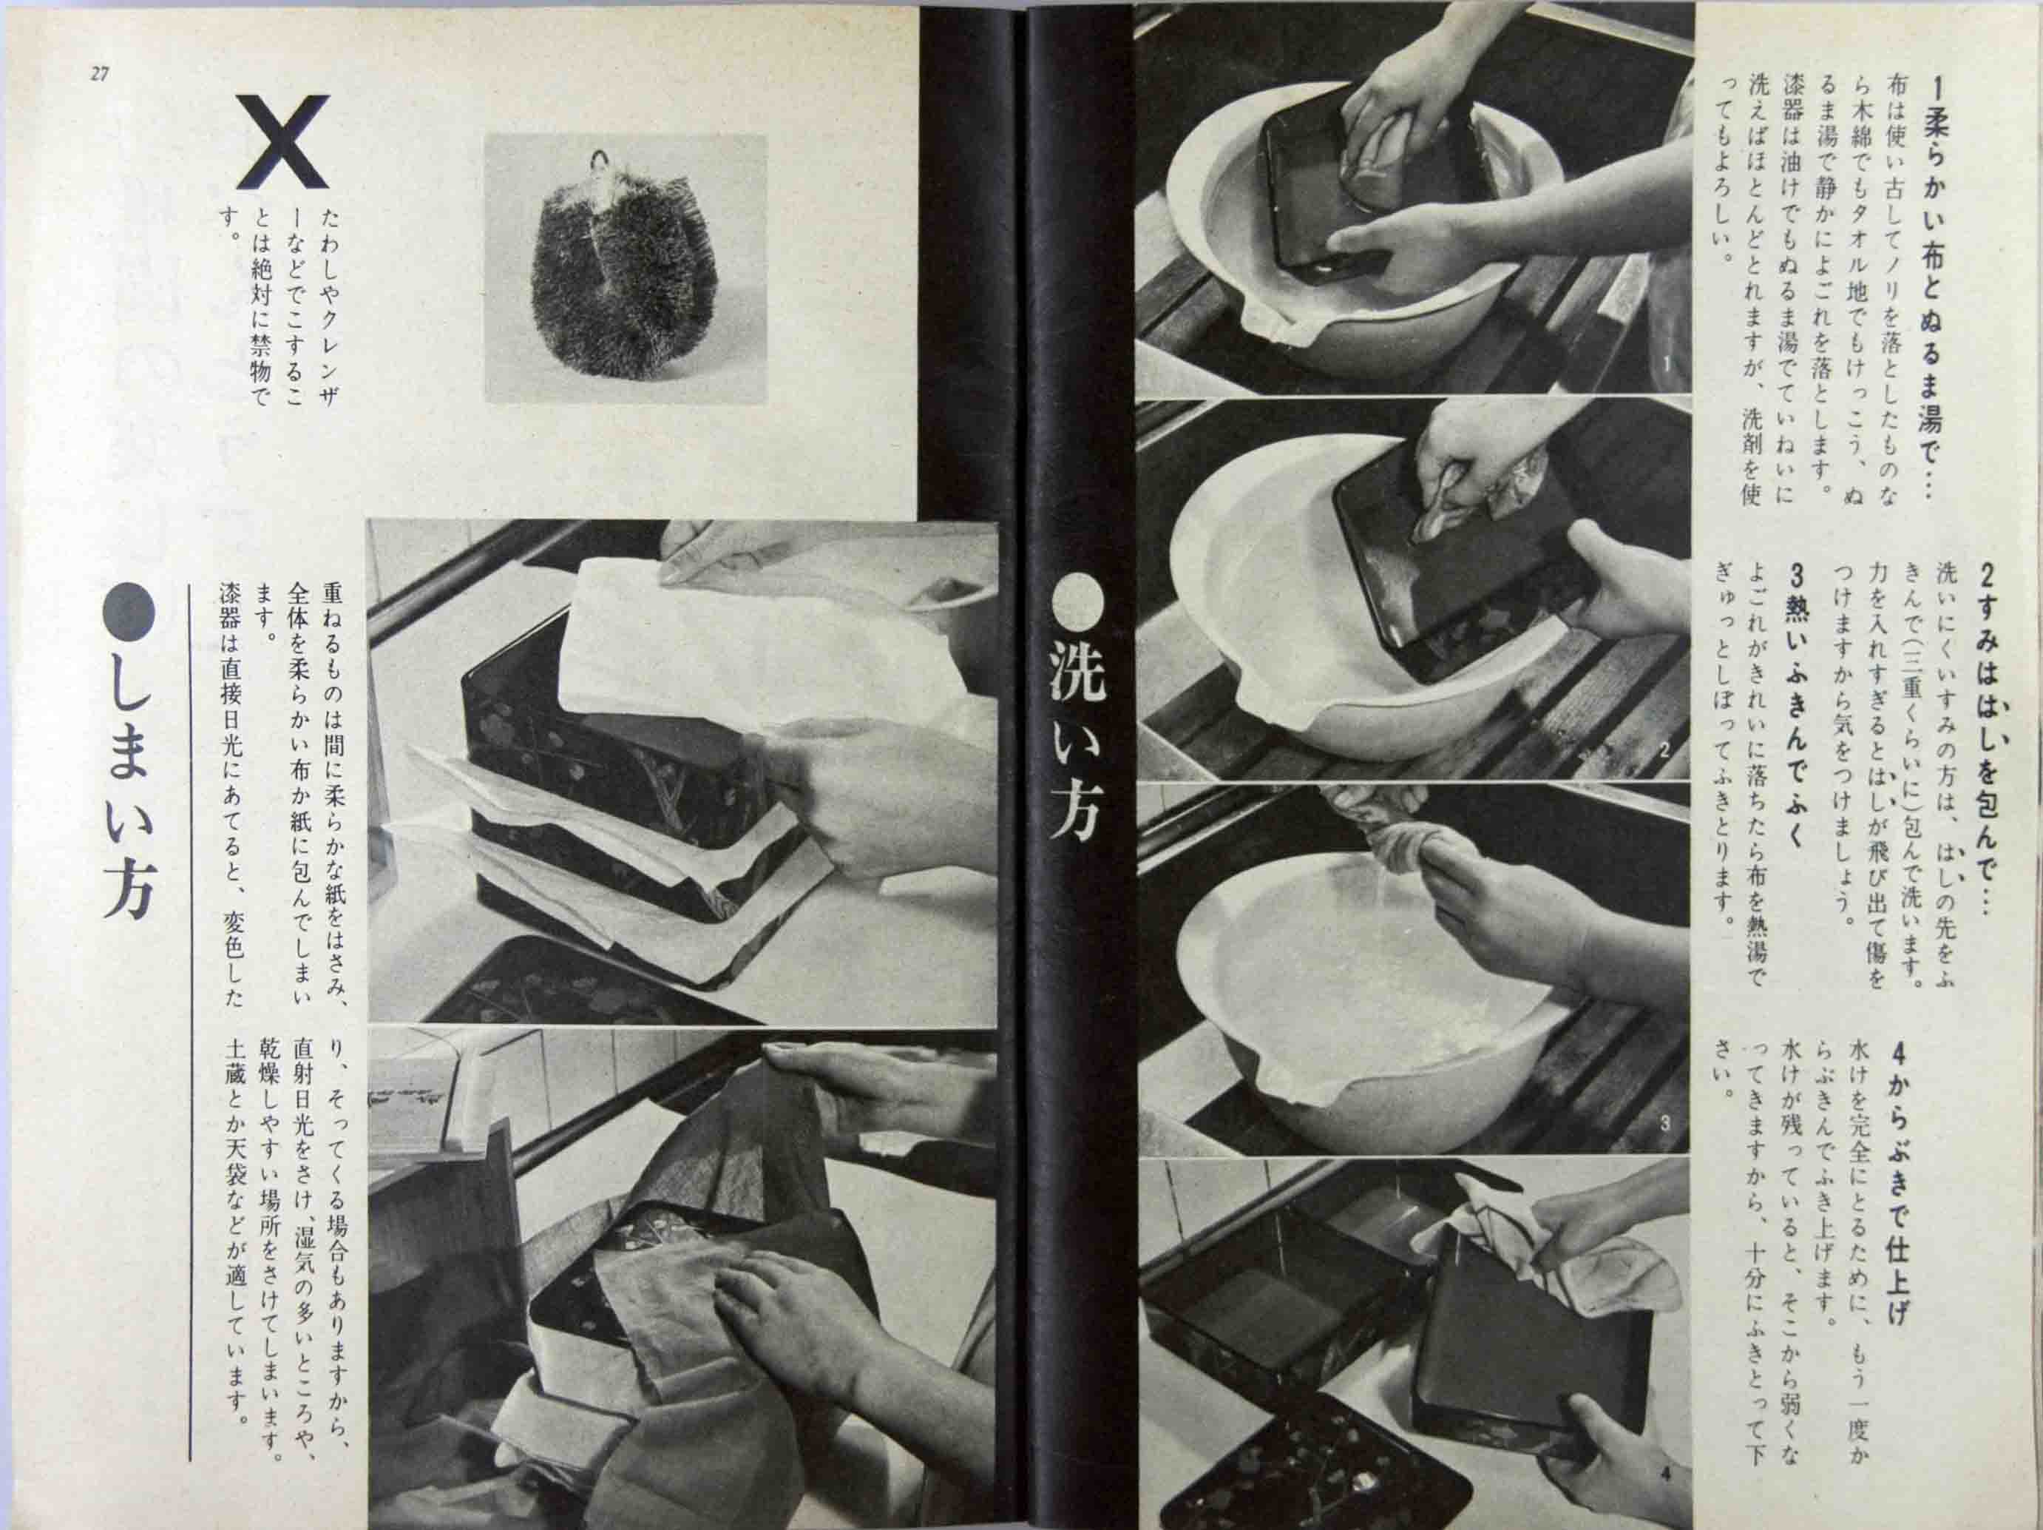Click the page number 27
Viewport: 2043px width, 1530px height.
coord(99,75)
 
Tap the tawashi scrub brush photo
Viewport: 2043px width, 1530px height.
coord(626,268)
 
